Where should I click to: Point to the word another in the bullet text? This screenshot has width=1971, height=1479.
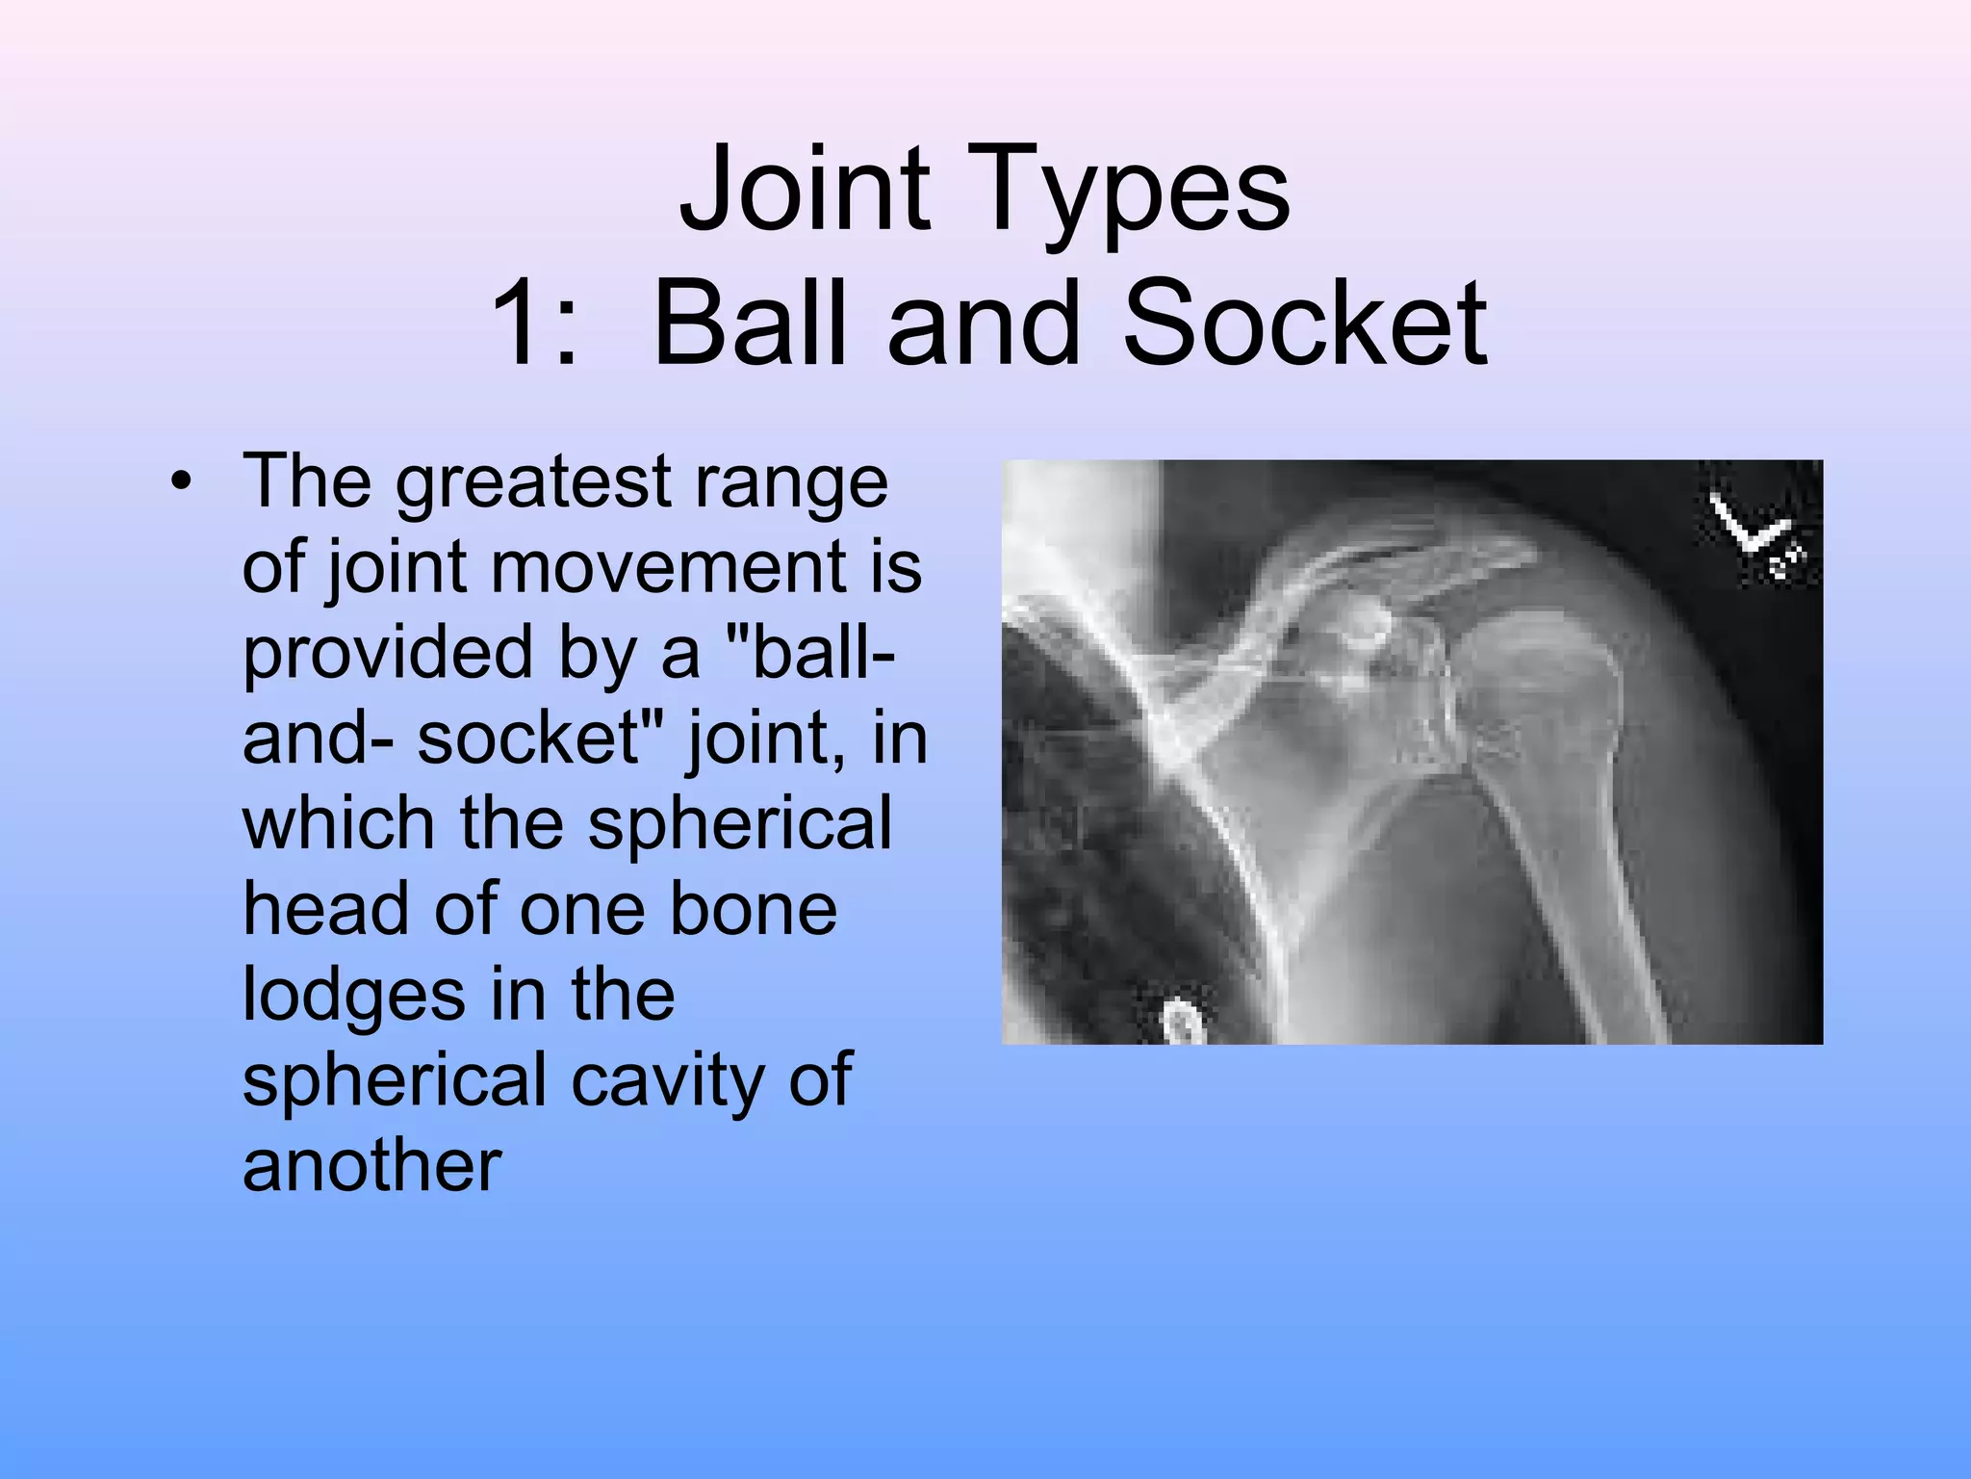[371, 1165]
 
